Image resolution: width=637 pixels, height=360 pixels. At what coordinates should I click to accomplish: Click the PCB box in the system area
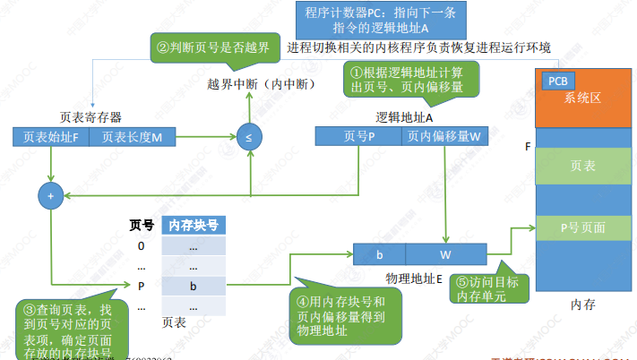(555, 81)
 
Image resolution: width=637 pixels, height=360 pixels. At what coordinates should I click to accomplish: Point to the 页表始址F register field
(51, 137)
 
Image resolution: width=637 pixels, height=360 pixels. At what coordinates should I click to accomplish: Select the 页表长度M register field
(133, 137)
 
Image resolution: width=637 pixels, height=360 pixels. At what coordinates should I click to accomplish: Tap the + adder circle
(50, 194)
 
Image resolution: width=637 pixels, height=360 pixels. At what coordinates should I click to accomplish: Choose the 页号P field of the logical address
(360, 137)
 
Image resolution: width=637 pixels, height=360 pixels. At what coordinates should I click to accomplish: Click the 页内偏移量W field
(443, 137)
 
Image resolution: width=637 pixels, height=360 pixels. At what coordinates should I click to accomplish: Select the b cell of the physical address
(380, 255)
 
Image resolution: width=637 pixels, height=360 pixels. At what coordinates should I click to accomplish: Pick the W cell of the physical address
(445, 255)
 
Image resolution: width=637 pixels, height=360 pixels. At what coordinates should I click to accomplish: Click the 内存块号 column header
(193, 225)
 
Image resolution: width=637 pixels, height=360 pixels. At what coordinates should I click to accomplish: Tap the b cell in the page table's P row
(193, 287)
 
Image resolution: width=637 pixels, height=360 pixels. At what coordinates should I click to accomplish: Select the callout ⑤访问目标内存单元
(482, 287)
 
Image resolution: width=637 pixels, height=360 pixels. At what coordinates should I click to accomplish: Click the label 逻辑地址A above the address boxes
(403, 117)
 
